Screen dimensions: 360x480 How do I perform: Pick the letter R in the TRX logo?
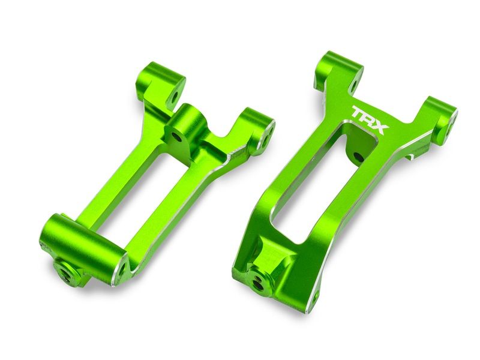click(370, 118)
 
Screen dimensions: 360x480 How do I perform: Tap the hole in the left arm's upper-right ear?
click(263, 139)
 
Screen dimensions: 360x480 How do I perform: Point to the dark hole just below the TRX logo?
click(358, 157)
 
